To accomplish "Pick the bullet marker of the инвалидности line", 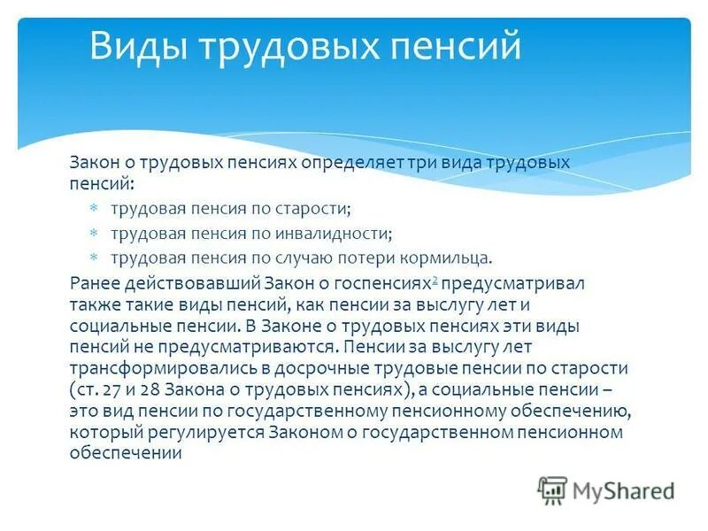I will (96, 234).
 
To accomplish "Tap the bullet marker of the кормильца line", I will (96, 258).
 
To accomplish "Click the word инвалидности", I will (340, 234).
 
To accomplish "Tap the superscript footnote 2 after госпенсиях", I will (435, 281).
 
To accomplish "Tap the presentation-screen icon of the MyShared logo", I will (552, 489).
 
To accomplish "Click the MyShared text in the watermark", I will (622, 489).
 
